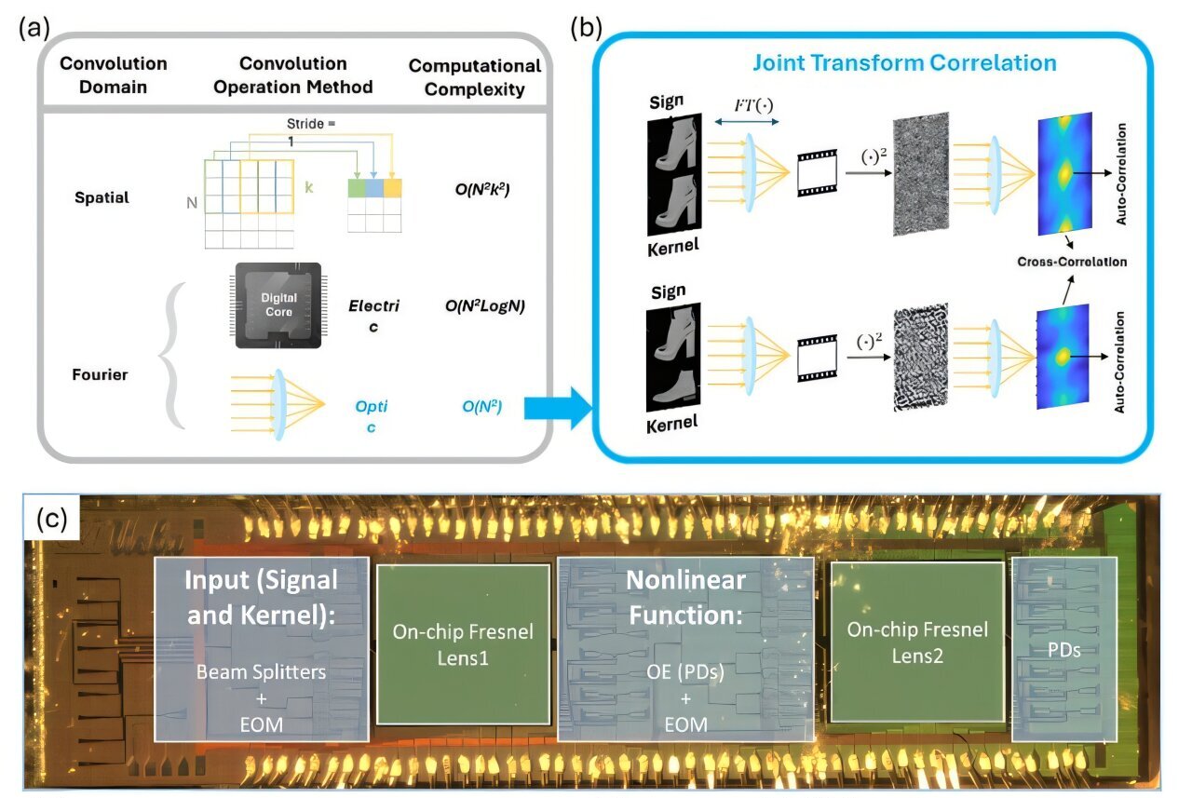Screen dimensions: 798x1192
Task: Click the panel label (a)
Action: point(34,27)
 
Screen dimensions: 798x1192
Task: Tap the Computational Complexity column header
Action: point(475,77)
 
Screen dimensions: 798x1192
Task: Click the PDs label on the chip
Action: point(1063,649)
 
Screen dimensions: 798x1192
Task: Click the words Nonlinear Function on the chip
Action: point(685,597)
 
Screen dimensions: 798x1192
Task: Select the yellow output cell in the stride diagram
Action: point(392,187)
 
